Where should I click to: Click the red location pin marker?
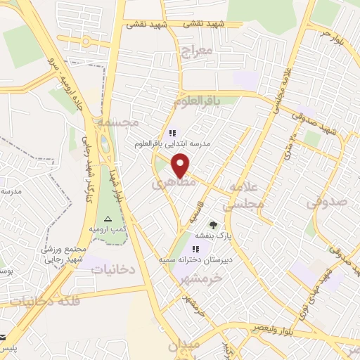pos(181,165)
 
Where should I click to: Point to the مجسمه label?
pos(117,122)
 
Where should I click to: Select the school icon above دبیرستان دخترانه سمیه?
pos(196,249)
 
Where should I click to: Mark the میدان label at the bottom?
pos(184,345)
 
